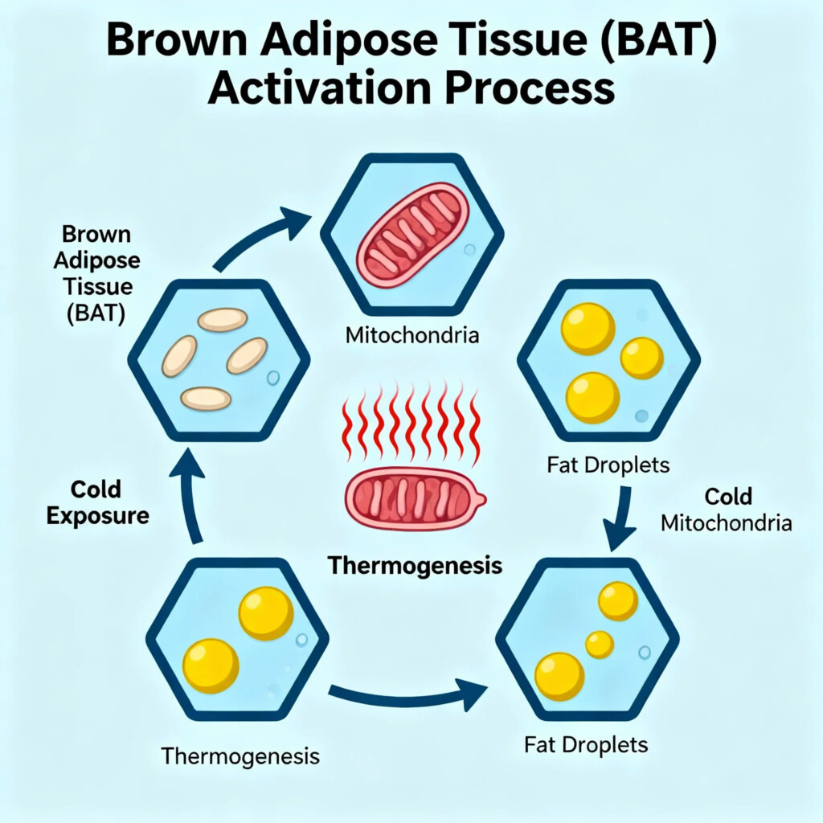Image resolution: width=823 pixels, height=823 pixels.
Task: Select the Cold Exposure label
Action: (x=97, y=502)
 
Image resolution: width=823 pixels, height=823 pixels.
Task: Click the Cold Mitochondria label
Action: (x=727, y=510)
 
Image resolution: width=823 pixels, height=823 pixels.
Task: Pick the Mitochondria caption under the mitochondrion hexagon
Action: (x=411, y=334)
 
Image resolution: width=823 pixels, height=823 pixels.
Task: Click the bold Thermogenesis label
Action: (x=415, y=566)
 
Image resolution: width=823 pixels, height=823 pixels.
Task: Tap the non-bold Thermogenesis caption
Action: (x=240, y=755)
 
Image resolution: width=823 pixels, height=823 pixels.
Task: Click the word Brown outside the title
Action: (x=96, y=235)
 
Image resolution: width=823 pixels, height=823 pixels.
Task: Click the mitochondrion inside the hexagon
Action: (x=411, y=235)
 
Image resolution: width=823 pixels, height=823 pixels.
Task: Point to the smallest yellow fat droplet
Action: (x=600, y=644)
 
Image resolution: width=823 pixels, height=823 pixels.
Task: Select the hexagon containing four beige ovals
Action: (x=218, y=359)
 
